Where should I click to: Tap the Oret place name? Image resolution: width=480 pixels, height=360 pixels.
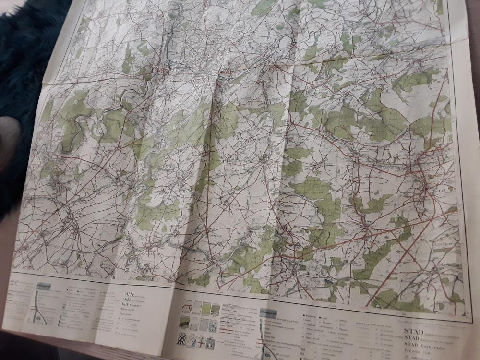point(369,221)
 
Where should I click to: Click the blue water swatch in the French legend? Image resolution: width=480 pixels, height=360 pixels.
point(44,287)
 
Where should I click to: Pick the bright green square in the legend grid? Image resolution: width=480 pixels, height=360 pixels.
point(207,310)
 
